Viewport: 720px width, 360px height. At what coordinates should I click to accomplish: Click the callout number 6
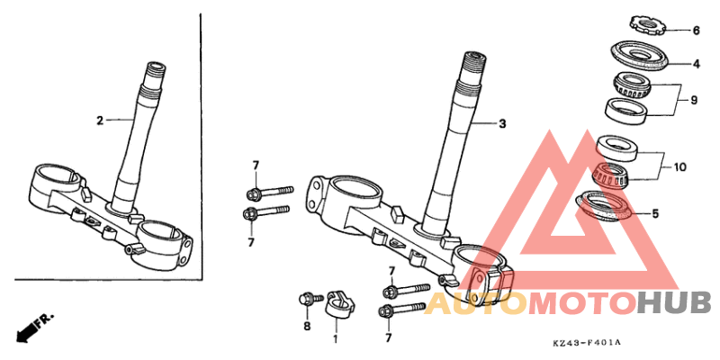696,31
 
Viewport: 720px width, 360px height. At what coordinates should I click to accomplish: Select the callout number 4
696,64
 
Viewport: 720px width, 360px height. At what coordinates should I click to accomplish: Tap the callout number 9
693,100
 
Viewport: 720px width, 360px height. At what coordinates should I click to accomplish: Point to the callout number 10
679,167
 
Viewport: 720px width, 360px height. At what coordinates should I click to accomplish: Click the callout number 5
655,213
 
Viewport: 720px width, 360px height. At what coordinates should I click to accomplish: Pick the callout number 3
502,123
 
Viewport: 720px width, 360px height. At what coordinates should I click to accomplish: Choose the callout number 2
100,121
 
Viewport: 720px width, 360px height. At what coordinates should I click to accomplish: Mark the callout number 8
307,326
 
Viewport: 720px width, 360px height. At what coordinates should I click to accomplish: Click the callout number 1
335,339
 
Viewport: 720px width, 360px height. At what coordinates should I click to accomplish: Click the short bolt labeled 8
308,300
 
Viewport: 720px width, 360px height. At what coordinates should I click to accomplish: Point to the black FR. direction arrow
33,328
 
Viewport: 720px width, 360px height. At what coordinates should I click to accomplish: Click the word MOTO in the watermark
582,304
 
